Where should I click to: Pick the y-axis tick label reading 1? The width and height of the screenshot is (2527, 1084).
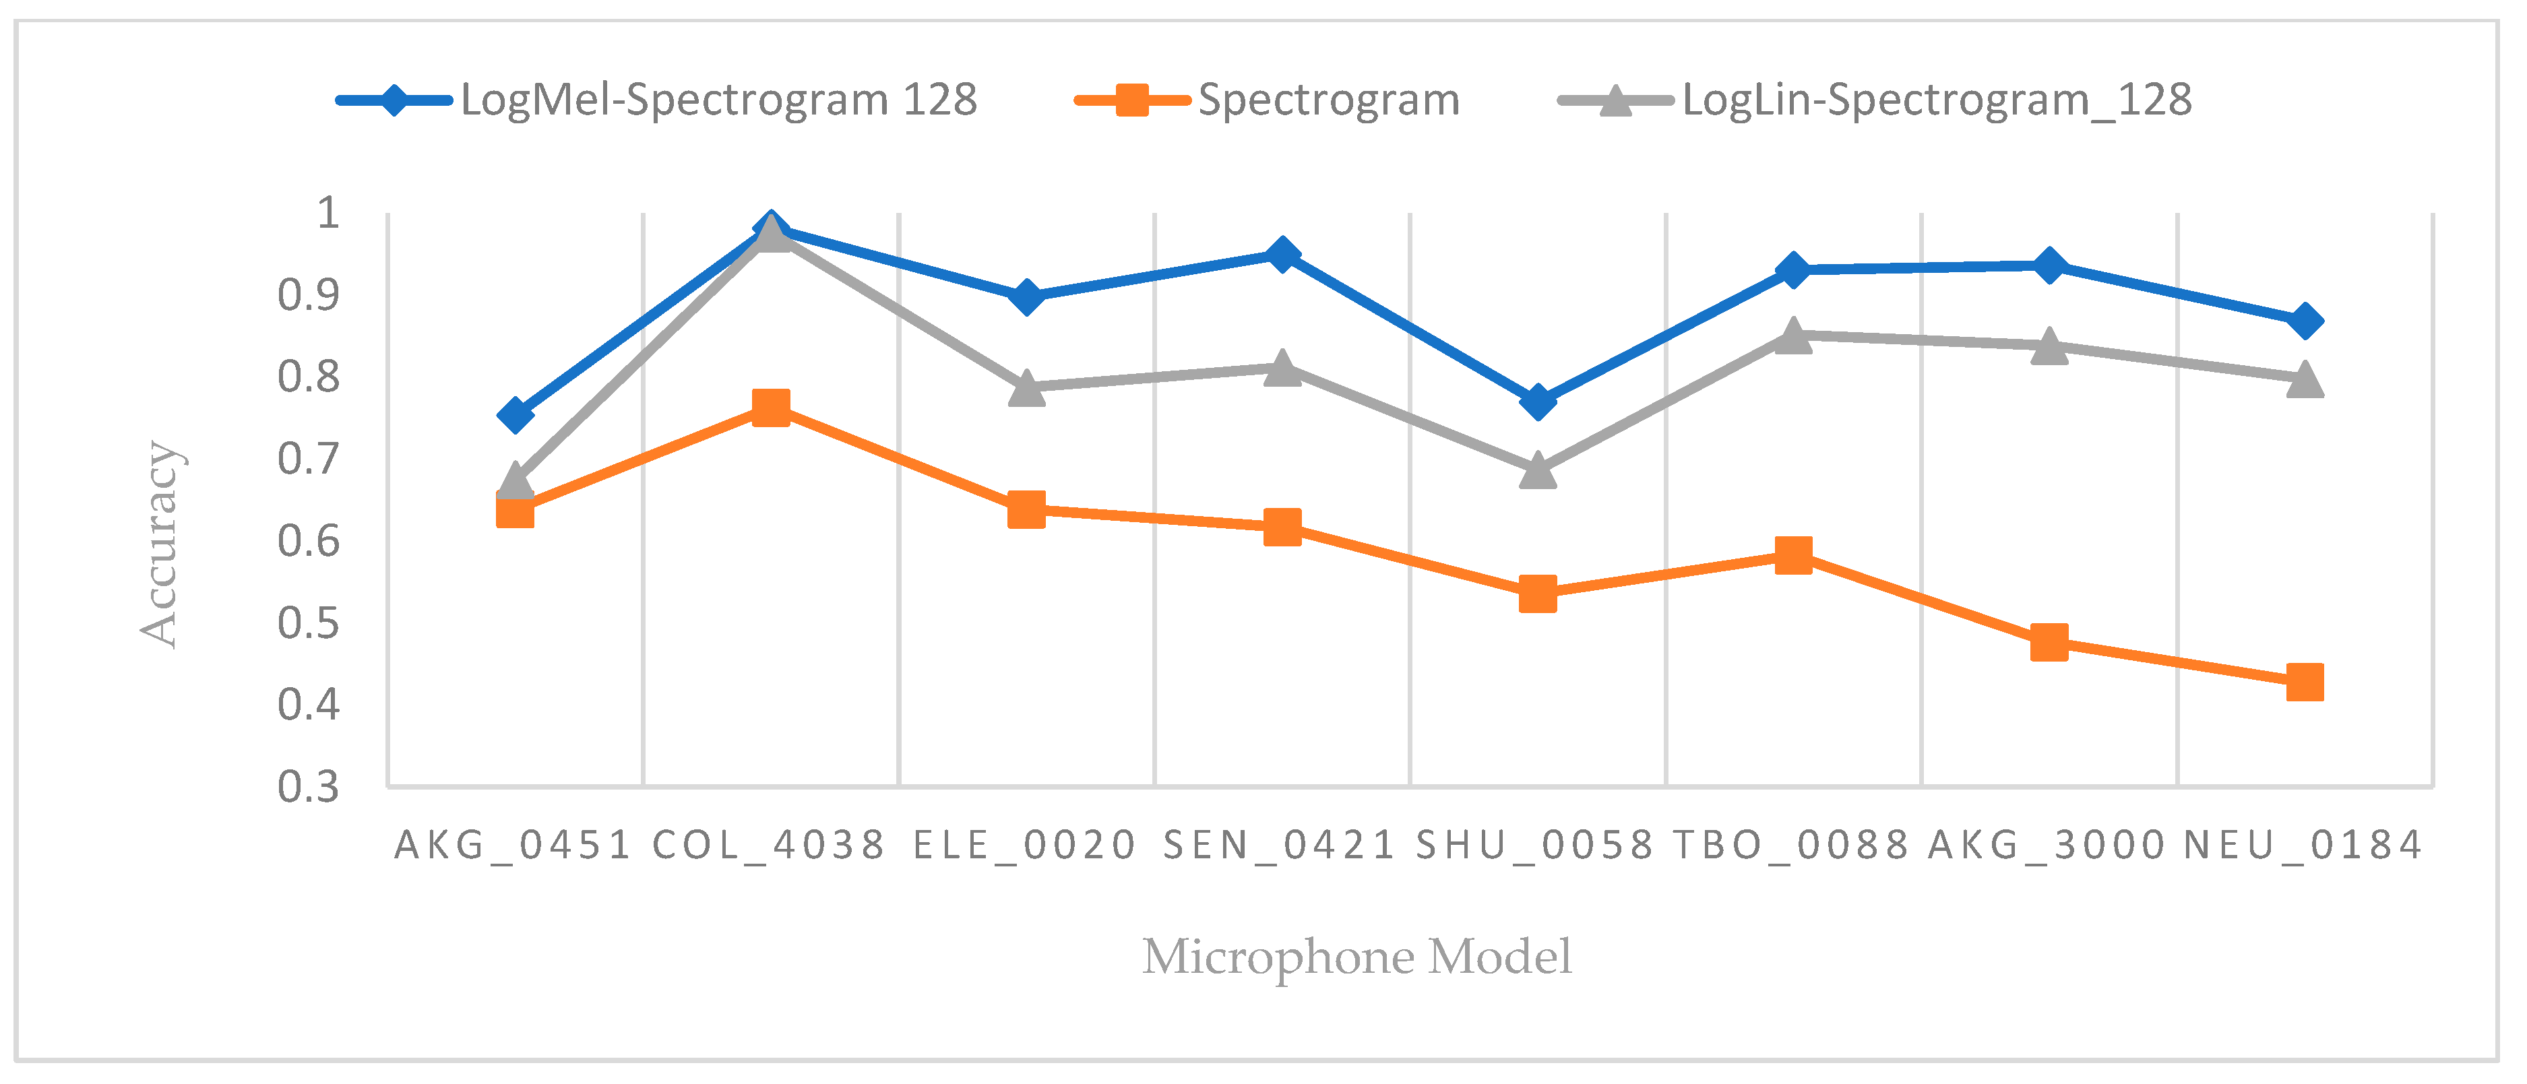point(327,213)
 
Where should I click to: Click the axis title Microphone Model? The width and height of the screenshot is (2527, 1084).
point(1356,957)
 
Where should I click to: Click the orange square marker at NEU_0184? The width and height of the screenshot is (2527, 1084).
point(2305,682)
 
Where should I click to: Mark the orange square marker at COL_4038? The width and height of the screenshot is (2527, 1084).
point(770,407)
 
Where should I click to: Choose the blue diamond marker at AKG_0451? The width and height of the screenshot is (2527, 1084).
point(515,415)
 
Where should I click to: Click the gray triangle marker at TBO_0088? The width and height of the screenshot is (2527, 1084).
point(1793,336)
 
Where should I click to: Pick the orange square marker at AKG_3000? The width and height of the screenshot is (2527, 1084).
point(2049,643)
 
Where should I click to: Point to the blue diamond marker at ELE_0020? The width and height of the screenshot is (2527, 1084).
point(1026,296)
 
